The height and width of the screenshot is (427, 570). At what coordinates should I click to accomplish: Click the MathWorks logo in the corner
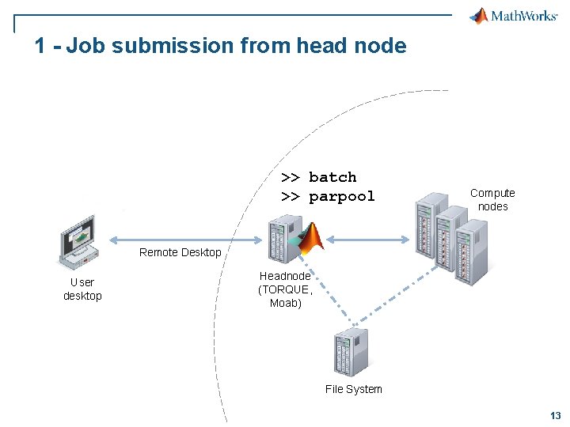pyautogui.click(x=513, y=16)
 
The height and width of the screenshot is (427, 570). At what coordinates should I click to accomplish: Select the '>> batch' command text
pyautogui.click(x=319, y=177)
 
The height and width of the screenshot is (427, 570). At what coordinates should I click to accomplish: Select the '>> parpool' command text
pyautogui.click(x=328, y=196)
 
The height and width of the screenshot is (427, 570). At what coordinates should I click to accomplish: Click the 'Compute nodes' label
pyautogui.click(x=492, y=199)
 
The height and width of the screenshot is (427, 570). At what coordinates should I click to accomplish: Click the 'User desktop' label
pyautogui.click(x=82, y=289)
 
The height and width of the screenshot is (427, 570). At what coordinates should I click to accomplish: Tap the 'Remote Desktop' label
pyautogui.click(x=180, y=252)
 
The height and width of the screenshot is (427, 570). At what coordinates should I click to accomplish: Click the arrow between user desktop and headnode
pyautogui.click(x=185, y=240)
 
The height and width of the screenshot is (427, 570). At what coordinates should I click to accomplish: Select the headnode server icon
pyautogui.click(x=279, y=240)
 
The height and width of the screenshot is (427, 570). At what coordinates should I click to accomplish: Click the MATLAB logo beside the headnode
pyautogui.click(x=310, y=236)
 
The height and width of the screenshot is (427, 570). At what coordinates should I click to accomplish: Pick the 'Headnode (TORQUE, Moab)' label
pyautogui.click(x=285, y=289)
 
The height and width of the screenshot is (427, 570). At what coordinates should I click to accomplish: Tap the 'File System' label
pyautogui.click(x=353, y=389)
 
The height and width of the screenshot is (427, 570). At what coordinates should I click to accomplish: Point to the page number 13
pyautogui.click(x=555, y=416)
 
